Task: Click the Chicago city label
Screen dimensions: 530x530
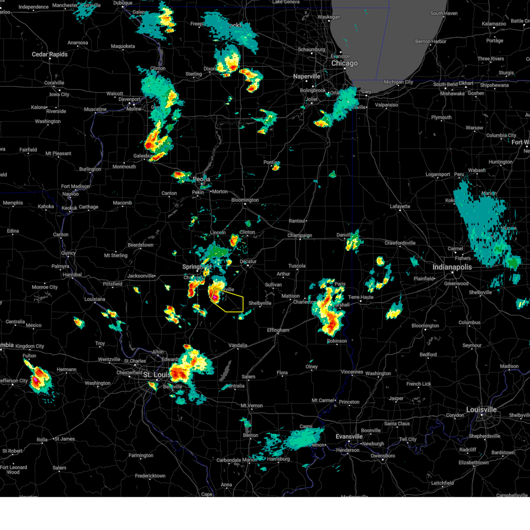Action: click(x=344, y=64)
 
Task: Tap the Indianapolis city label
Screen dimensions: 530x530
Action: click(x=452, y=267)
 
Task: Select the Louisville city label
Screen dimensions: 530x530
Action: click(x=481, y=410)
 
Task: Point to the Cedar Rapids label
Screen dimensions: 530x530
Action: click(x=49, y=54)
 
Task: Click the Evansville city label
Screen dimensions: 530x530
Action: click(x=349, y=436)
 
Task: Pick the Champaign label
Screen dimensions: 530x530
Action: click(x=299, y=235)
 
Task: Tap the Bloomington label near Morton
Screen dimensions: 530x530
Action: click(x=245, y=200)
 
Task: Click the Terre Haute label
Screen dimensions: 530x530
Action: click(x=360, y=297)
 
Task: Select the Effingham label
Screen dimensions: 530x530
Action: click(x=278, y=330)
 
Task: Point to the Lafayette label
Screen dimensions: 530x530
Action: click(x=400, y=206)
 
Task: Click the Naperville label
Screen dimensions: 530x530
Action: click(x=307, y=76)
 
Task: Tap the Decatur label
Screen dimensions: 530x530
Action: click(x=248, y=261)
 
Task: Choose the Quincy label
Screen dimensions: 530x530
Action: click(x=68, y=253)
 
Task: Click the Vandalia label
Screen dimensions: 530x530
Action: click(x=238, y=345)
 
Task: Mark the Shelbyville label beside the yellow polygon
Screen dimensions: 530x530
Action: click(x=260, y=303)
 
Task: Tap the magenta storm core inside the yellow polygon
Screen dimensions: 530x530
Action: click(x=215, y=298)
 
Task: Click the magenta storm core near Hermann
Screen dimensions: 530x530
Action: click(x=35, y=379)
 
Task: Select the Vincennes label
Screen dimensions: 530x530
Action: click(x=352, y=372)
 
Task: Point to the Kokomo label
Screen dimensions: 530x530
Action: click(x=450, y=201)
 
